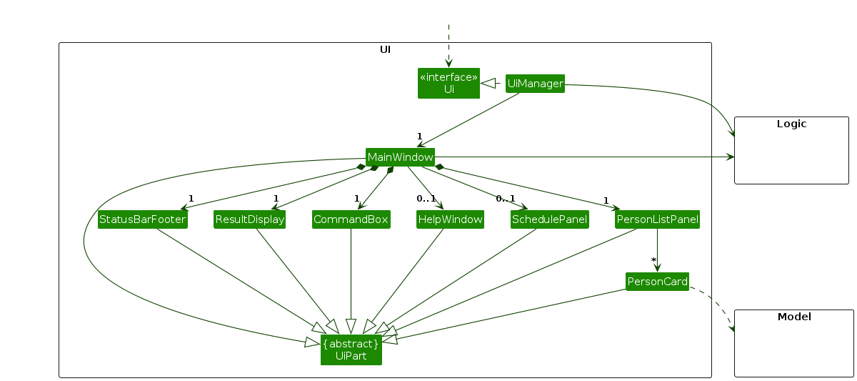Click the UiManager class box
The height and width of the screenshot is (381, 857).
[535, 84]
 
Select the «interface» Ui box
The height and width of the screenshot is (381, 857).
[448, 83]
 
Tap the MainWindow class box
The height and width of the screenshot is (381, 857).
[400, 157]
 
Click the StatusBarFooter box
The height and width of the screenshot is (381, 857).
[142, 219]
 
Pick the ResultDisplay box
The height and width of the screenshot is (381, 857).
[250, 219]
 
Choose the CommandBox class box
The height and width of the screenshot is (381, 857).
[351, 219]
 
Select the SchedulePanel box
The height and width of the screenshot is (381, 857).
[549, 219]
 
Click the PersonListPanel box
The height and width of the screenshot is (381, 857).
[657, 219]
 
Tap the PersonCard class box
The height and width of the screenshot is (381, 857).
[657, 282]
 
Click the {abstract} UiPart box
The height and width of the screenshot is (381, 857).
[351, 350]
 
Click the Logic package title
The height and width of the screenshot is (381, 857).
[791, 124]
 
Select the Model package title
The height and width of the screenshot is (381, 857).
[793, 317]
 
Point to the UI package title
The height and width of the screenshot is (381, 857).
[385, 50]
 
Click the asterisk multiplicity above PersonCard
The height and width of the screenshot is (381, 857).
[653, 261]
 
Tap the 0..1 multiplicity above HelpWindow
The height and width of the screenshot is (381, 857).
[426, 198]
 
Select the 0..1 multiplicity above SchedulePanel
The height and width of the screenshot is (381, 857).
[506, 198]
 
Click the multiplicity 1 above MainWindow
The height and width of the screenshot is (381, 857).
[419, 136]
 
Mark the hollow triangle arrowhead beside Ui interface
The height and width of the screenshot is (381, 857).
[488, 84]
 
